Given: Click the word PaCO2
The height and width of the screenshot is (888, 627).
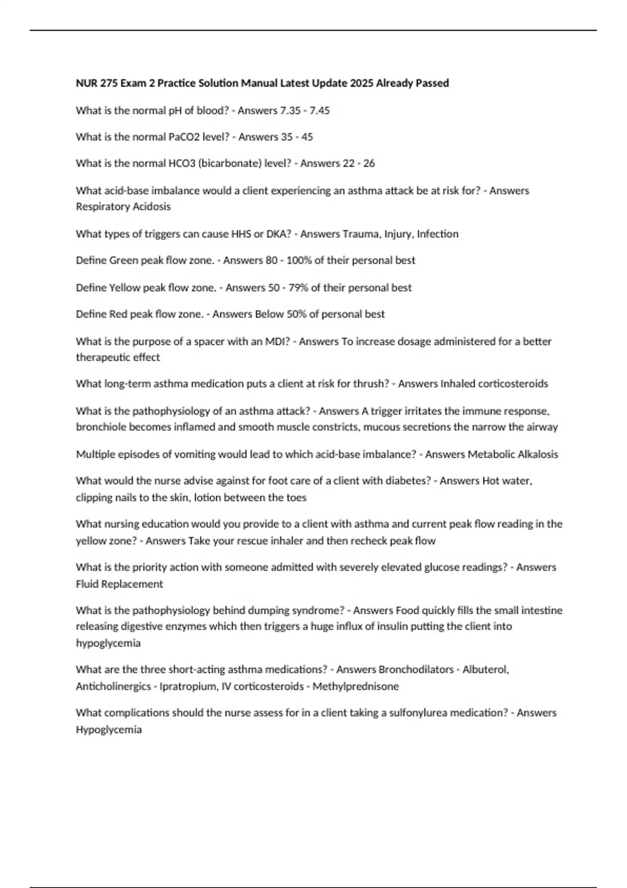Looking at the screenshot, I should click(x=177, y=137).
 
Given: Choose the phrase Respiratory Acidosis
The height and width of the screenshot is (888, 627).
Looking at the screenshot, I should click(x=123, y=206).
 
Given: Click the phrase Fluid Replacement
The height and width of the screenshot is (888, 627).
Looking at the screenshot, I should click(x=119, y=584).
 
